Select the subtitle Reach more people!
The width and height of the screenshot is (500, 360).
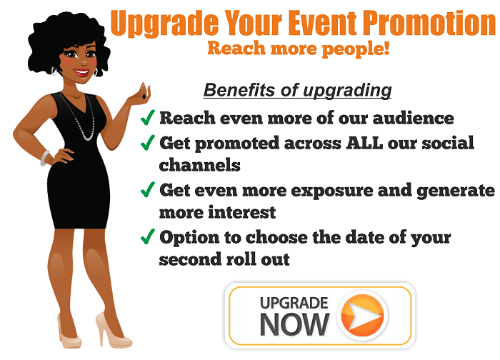tap(299, 49)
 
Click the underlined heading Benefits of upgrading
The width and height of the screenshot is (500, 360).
tap(298, 90)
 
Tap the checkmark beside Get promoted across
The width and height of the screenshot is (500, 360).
tap(148, 142)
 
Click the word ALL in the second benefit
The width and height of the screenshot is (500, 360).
tap(364, 143)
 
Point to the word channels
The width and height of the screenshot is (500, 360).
tap(199, 165)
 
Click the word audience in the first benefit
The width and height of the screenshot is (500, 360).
tap(414, 118)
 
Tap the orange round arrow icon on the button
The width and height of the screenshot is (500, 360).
tap(362, 316)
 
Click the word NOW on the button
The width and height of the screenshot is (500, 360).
tap(294, 324)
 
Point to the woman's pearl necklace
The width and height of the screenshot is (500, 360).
tap(80, 118)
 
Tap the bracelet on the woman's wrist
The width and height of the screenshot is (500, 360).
tap(45, 158)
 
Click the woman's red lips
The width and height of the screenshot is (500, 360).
tap(82, 72)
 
